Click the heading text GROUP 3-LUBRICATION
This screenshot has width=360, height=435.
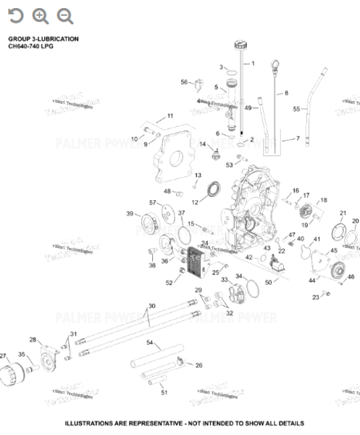[43, 38]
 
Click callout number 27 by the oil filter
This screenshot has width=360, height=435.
[4, 356]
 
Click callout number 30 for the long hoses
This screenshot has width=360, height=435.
[151, 306]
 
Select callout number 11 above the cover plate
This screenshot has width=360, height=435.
[170, 116]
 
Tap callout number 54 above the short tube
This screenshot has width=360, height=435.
[149, 341]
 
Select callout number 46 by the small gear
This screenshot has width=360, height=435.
[351, 277]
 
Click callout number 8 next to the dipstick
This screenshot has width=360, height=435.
[285, 94]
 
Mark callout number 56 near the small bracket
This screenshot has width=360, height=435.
[184, 82]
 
